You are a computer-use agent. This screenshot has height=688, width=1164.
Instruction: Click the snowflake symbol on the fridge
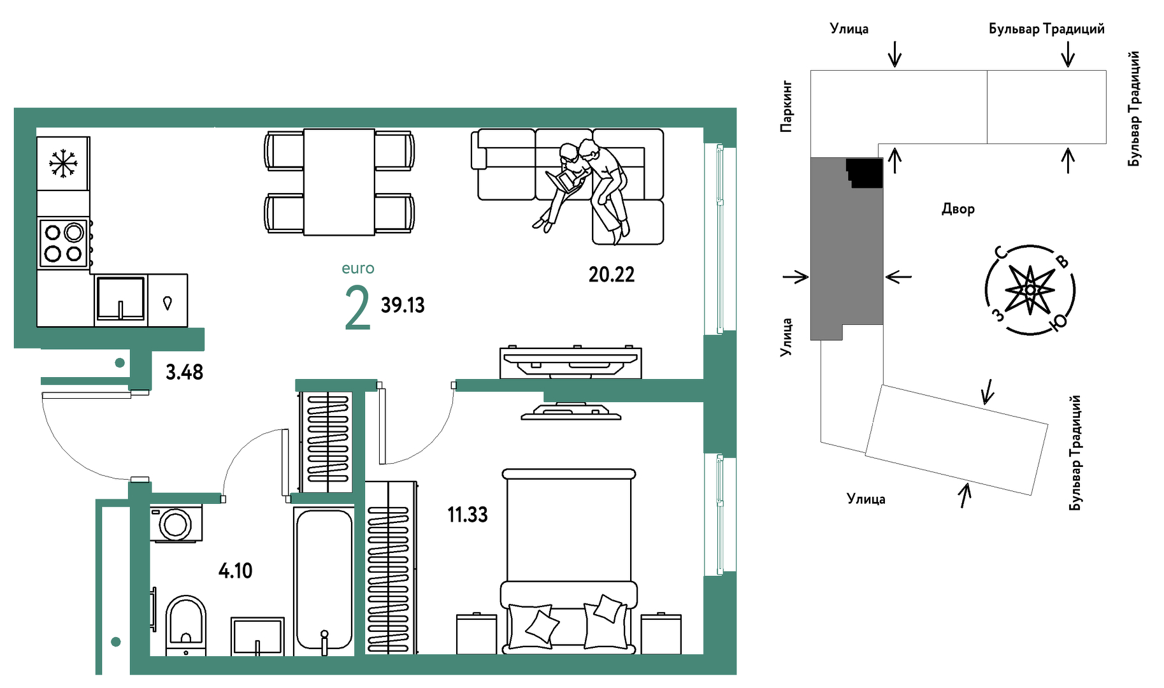pyautogui.click(x=63, y=164)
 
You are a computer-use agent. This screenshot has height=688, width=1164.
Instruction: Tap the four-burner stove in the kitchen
pyautogui.click(x=64, y=243)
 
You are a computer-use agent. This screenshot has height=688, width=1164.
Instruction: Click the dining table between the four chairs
pyautogui.click(x=339, y=182)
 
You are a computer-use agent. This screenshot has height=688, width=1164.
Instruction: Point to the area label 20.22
pyautogui.click(x=612, y=275)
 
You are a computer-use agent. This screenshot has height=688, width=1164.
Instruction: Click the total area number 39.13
pyautogui.click(x=403, y=305)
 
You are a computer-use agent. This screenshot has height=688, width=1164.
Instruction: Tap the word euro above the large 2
pyautogui.click(x=358, y=269)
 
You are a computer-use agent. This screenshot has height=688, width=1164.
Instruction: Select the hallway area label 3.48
pyautogui.click(x=184, y=372)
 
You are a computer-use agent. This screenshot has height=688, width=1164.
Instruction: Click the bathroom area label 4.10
pyautogui.click(x=235, y=571)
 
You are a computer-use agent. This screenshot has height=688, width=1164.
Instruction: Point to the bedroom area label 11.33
pyautogui.click(x=468, y=515)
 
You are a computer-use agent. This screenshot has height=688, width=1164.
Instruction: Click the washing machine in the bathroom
pyautogui.click(x=176, y=524)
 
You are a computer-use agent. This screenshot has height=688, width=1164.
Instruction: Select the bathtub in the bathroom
pyautogui.click(x=324, y=580)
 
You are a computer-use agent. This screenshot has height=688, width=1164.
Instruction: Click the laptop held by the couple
pyautogui.click(x=564, y=180)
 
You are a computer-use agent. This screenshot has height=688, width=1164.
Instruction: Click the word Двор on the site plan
pyautogui.click(x=958, y=209)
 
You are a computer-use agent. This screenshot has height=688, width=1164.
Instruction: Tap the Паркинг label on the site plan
pyautogui.click(x=787, y=106)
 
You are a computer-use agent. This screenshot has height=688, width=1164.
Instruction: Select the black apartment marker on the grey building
pyautogui.click(x=865, y=173)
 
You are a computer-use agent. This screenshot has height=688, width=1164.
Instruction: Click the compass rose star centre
pyautogui.click(x=1030, y=290)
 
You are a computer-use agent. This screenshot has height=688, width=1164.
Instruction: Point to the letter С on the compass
pyautogui.click(x=1002, y=253)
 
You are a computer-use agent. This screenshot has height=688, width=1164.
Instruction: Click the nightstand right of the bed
pyautogui.click(x=661, y=633)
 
